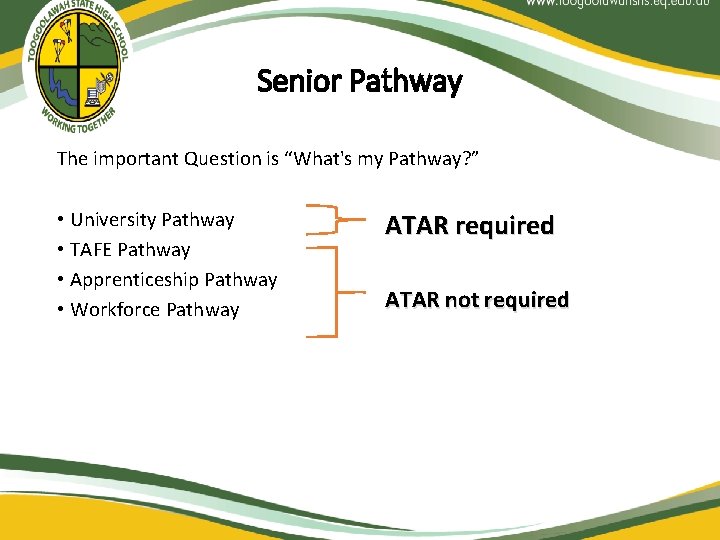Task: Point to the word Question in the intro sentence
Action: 224,158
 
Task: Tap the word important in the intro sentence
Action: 135,158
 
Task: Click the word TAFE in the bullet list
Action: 91,250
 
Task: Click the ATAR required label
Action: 469,226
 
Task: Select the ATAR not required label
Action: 477,300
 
